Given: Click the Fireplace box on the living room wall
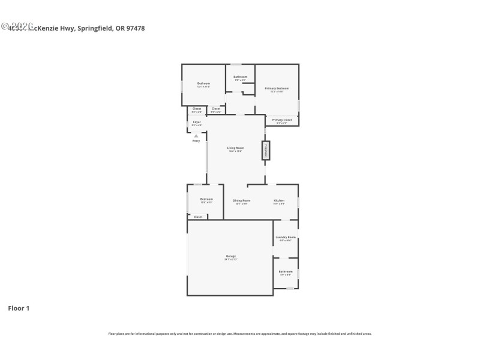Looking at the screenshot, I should click(x=265, y=151).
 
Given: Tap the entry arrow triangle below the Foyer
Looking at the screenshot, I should click(x=196, y=136).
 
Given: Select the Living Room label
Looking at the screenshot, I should click(x=235, y=148).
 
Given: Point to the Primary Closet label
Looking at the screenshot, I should click(x=281, y=121).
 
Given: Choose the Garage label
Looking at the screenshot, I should click(x=231, y=257).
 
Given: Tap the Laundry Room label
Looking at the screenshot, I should click(x=286, y=238).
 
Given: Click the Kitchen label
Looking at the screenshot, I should click(x=279, y=200).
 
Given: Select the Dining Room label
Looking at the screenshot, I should click(x=241, y=200).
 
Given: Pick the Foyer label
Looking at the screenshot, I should click(x=197, y=122).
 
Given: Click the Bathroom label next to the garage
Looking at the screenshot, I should click(x=286, y=272).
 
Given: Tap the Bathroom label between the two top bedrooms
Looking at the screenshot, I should click(x=241, y=77).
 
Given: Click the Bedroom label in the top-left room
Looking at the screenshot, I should click(x=204, y=84).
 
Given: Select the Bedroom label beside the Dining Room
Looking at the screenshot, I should click(x=206, y=200).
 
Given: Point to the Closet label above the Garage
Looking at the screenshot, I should click(x=198, y=217).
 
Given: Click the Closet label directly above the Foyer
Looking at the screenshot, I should click(x=197, y=109).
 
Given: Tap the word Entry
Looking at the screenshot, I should click(x=196, y=141).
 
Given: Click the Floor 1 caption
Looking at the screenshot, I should click(x=19, y=308).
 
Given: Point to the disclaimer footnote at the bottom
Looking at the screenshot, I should click(x=240, y=334).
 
